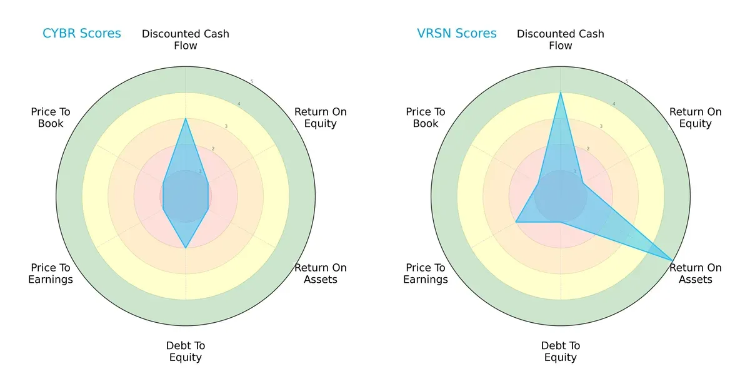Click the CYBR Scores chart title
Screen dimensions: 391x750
click(81, 34)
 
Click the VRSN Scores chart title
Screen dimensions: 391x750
click(456, 34)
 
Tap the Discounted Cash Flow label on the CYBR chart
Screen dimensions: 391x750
click(186, 39)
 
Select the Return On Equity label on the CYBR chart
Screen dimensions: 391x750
click(320, 118)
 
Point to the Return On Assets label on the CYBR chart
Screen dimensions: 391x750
click(320, 273)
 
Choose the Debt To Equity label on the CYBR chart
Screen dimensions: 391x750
click(186, 352)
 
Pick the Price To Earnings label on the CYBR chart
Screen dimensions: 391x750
click(51, 273)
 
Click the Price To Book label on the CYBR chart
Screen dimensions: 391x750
click(51, 118)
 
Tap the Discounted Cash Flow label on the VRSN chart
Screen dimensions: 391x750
click(561, 39)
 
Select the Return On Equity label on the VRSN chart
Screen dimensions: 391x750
click(695, 118)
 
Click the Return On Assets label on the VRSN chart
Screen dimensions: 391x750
click(695, 273)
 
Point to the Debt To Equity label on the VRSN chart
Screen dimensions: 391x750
click(561, 352)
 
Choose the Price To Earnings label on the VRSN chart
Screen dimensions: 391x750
click(426, 273)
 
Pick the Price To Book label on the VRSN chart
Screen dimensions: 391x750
click(426, 118)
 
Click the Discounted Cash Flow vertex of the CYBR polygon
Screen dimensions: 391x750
click(186, 118)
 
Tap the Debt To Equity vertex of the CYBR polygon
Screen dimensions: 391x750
click(186, 248)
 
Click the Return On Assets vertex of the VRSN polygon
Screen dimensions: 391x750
click(673, 260)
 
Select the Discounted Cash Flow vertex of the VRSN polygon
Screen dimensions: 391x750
click(561, 93)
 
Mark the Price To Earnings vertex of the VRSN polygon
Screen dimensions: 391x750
click(516, 222)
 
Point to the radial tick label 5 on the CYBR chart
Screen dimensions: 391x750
click(252, 82)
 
